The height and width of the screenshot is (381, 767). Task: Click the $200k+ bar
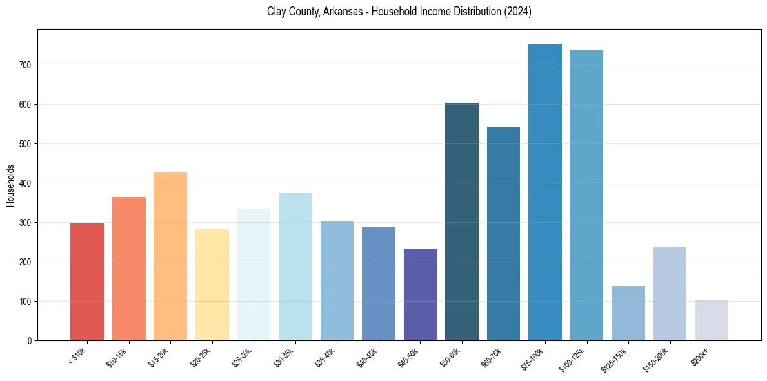(x=712, y=320)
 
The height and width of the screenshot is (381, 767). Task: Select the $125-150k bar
(x=628, y=313)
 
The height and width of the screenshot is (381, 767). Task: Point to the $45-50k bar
(x=420, y=294)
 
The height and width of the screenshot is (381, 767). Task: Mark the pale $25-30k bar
(x=254, y=274)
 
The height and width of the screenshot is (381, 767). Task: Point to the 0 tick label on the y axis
(x=30, y=341)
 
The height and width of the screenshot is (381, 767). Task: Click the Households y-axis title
(x=10, y=185)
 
